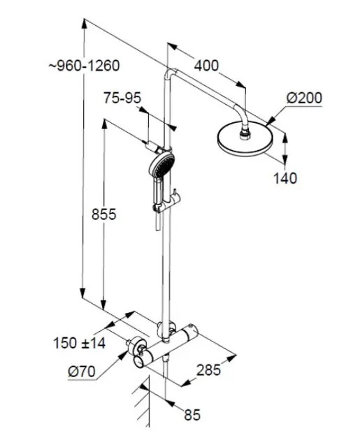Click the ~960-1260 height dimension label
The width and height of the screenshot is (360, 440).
point(85,66)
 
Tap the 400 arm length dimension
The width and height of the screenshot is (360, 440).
point(206,66)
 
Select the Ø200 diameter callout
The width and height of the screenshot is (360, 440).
point(304,98)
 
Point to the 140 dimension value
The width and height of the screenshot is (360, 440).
point(285,178)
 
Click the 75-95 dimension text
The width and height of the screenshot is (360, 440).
point(122,98)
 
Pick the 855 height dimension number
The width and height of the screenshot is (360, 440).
point(104,214)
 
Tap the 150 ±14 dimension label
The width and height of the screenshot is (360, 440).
point(79,343)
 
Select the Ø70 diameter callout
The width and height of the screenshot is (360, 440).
point(82,372)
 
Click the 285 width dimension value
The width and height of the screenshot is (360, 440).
point(208,370)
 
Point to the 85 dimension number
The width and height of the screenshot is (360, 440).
point(192,414)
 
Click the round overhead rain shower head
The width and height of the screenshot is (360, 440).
point(245,139)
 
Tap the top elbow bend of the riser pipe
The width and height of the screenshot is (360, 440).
point(170,73)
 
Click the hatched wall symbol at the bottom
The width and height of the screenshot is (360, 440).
point(142,404)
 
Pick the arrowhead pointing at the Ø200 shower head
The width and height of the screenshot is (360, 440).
point(270,121)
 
